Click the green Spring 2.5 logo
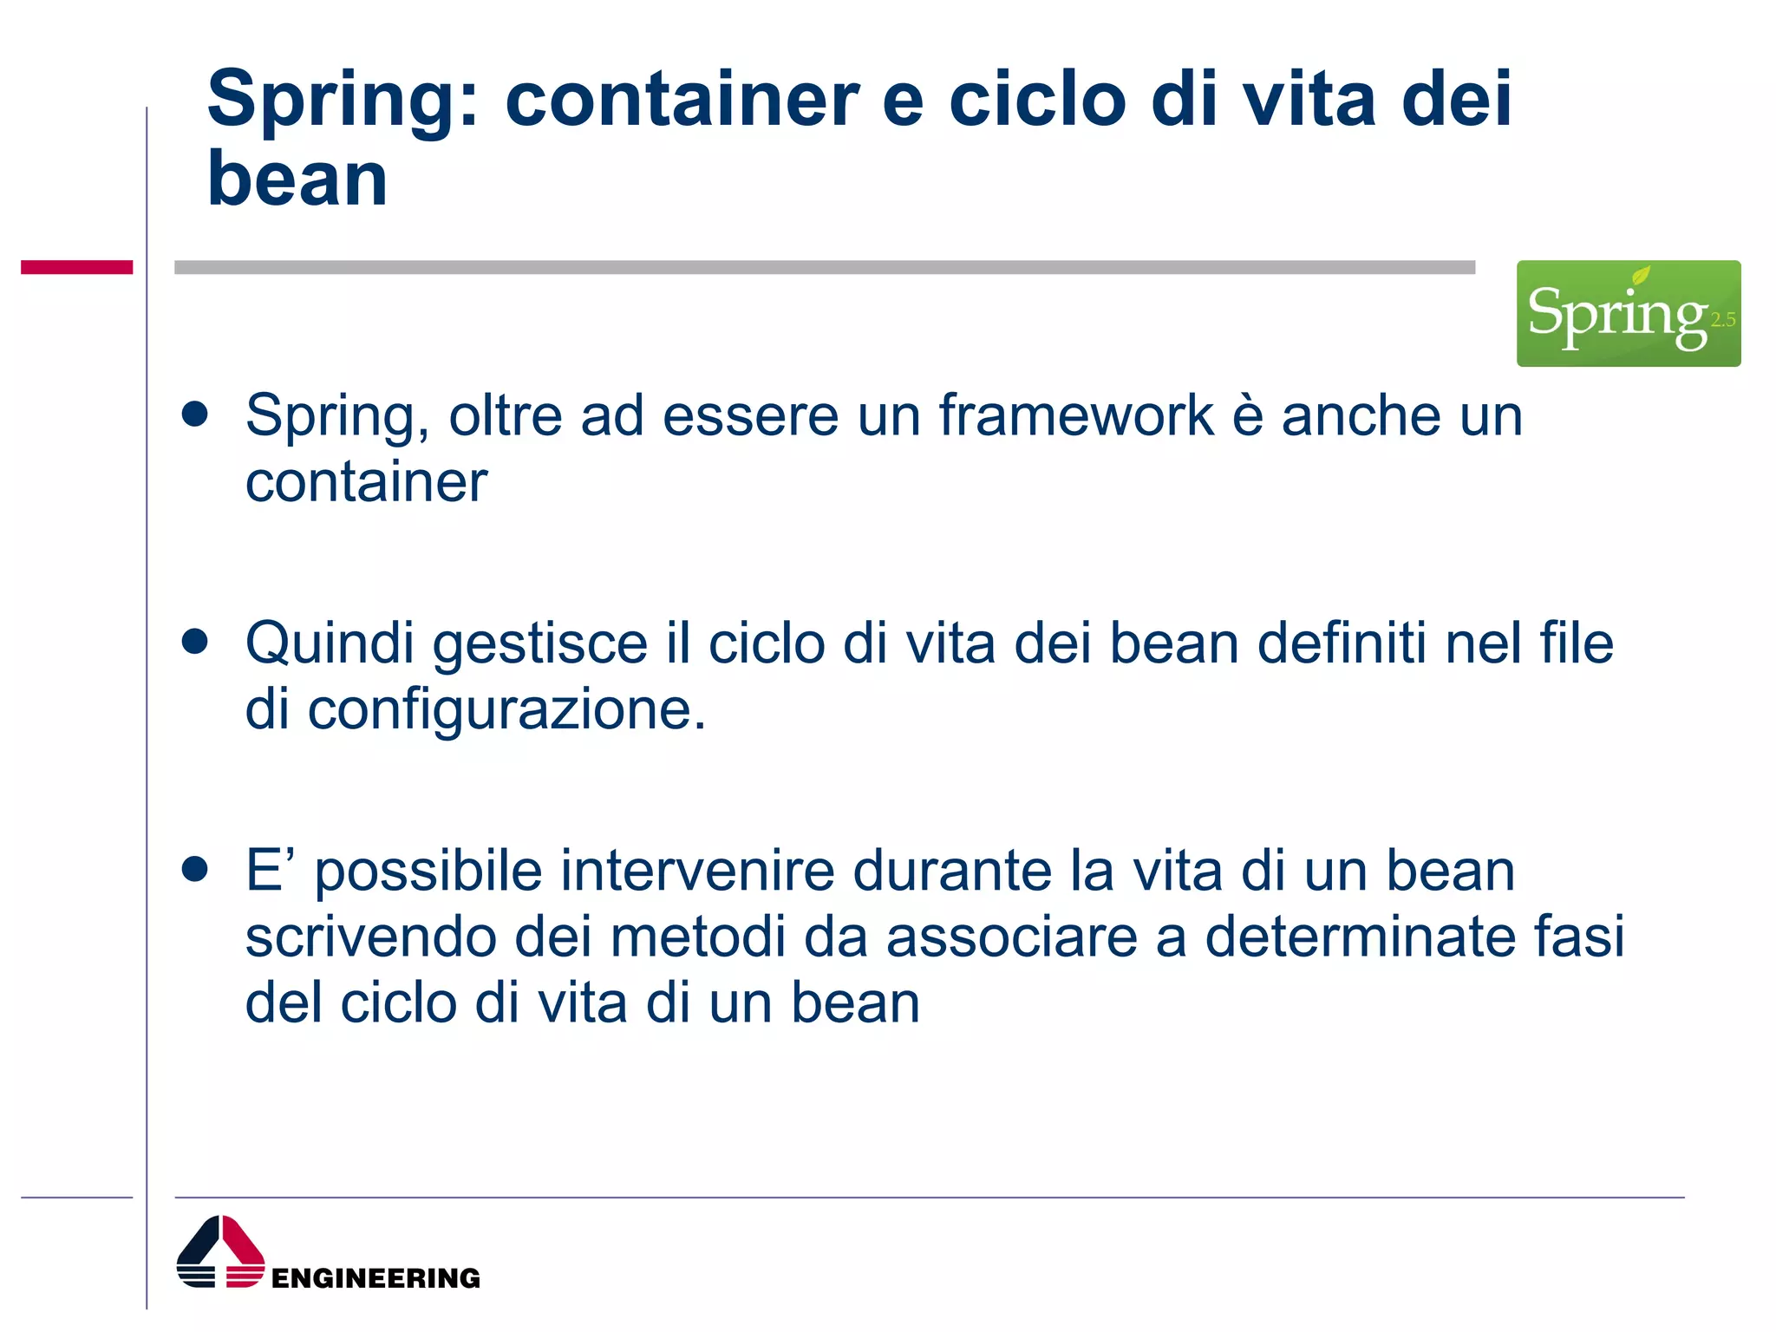tap(1628, 313)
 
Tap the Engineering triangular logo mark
tap(220, 1252)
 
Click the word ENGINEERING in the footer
tap(375, 1278)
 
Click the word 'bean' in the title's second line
tap(297, 180)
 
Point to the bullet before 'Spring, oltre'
tap(195, 415)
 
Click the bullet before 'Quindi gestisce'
tap(195, 642)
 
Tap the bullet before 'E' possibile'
tap(195, 869)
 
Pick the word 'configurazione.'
tap(506, 711)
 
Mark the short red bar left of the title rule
tap(76, 267)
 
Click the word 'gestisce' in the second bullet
tap(539, 645)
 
